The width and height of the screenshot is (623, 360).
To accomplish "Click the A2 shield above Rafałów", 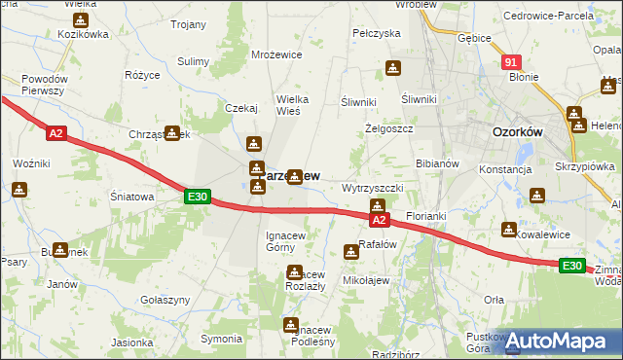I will point(379,221).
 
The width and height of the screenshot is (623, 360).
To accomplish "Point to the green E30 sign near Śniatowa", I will point(198,197).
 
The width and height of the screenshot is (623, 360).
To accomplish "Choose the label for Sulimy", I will point(194,61).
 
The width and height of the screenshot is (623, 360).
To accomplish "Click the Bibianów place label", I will point(437,163).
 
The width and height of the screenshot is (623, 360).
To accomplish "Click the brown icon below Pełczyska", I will point(392,68).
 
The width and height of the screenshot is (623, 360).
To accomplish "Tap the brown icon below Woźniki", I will point(19,189).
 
